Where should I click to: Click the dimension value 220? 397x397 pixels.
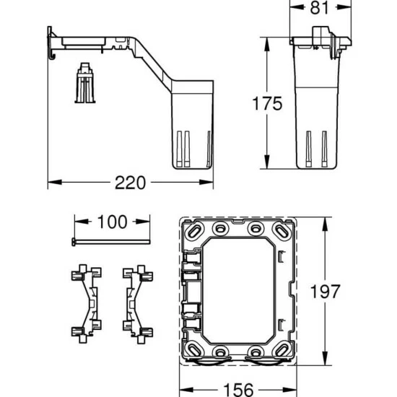click(x=130, y=183)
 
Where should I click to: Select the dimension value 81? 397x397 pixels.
click(x=320, y=8)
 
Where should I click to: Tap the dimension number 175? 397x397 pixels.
click(x=267, y=103)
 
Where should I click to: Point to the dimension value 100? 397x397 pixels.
click(x=112, y=222)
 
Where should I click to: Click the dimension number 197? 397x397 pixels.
click(x=325, y=292)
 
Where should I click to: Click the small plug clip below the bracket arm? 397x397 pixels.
click(x=85, y=83)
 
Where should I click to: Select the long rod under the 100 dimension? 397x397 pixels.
click(x=111, y=242)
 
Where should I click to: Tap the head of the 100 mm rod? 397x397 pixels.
click(x=74, y=242)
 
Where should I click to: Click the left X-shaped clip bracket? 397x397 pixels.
click(x=87, y=304)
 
